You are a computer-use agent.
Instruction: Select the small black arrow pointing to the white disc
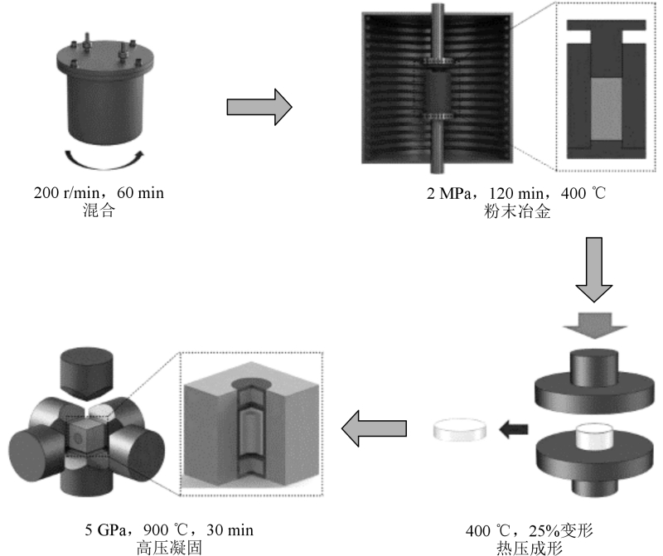[x=515, y=428]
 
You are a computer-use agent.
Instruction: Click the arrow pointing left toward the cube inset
[x=375, y=428]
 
